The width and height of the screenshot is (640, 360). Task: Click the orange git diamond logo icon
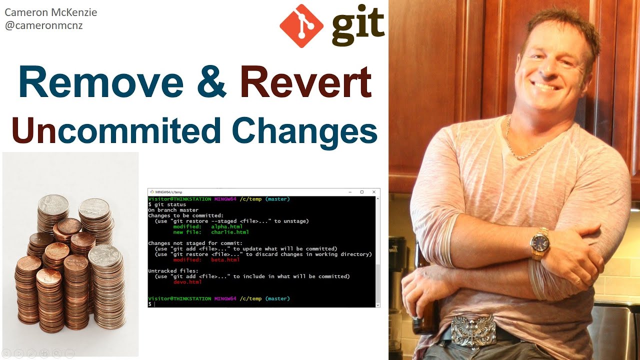pyautogui.click(x=301, y=26)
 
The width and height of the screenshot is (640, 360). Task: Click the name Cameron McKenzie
pyautogui.click(x=50, y=12)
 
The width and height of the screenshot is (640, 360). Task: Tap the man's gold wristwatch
pyautogui.click(x=540, y=243)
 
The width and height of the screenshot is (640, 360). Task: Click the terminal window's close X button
pyautogui.click(x=373, y=192)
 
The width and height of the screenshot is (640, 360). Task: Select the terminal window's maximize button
pyautogui.click(x=362, y=192)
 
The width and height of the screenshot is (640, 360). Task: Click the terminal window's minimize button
pyautogui.click(x=350, y=192)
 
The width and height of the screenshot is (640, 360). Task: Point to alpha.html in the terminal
pyautogui.click(x=226, y=226)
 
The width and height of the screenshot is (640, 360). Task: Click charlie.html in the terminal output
pyautogui.click(x=230, y=232)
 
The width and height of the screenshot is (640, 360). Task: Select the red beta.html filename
pyautogui.click(x=225, y=260)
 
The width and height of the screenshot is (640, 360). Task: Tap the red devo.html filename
pyautogui.click(x=187, y=282)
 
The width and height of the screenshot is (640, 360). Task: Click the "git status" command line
pyautogui.click(x=169, y=204)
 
